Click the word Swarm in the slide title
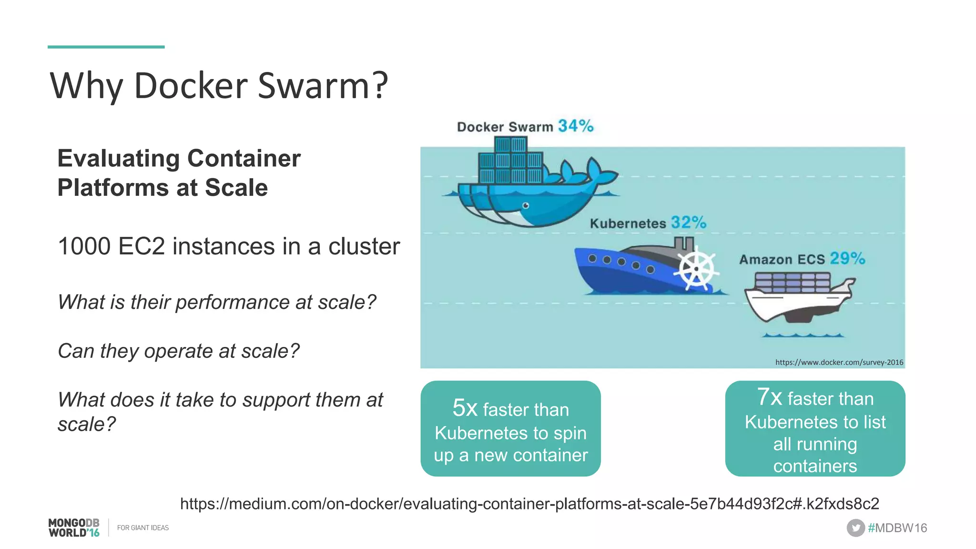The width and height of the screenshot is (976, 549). coord(323,86)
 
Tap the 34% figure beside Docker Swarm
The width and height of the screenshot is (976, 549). coord(576,126)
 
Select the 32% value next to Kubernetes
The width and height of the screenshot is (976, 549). coord(689,222)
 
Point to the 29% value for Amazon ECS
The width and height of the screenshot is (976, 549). coord(847,258)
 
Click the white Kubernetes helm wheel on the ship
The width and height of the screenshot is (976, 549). coord(696,269)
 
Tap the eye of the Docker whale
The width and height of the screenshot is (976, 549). coord(526,206)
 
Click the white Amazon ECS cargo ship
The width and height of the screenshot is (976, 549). coord(798,299)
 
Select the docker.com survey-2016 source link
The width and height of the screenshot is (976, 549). coord(839,362)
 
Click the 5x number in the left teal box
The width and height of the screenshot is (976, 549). coord(465,408)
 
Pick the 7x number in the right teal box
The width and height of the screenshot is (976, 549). coord(769,397)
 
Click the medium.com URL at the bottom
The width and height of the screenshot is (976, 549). coord(529,504)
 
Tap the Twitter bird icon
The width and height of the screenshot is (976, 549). coord(855,528)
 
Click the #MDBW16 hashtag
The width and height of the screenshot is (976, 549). coord(897,528)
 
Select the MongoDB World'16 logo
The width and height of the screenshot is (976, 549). coord(74,528)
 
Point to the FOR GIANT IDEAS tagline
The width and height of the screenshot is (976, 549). coord(143,528)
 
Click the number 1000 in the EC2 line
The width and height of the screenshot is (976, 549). coord(84,246)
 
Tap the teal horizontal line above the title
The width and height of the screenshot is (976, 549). coord(106,47)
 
